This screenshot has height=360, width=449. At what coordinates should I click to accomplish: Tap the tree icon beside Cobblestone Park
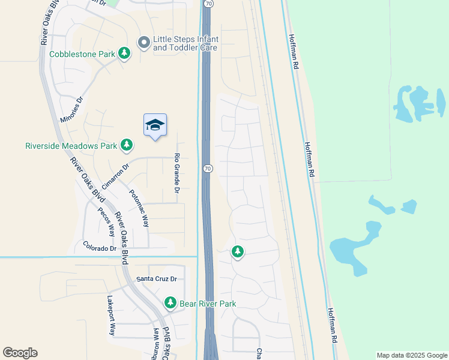coord(124,54)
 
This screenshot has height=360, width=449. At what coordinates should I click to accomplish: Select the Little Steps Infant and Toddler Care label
coord(185,43)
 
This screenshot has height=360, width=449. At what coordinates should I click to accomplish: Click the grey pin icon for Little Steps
coord(143,43)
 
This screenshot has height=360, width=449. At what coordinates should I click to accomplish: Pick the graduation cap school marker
coord(155,125)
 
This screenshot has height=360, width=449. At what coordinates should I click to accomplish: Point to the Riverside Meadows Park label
coord(70,145)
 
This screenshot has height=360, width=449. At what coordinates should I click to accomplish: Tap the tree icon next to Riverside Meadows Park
coord(126,145)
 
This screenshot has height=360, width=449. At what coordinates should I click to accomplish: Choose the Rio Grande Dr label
coord(177,173)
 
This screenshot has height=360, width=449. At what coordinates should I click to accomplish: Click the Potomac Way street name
coord(139,209)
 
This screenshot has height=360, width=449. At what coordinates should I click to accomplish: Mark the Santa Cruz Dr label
coord(157,279)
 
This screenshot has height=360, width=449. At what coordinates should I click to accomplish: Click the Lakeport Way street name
coord(111,315)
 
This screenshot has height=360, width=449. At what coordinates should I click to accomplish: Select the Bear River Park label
coord(208,304)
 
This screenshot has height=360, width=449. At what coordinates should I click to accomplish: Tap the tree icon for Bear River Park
coord(171,302)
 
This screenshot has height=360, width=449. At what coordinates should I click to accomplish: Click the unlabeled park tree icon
coord(238,252)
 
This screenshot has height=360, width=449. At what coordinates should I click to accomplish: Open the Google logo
coord(20,353)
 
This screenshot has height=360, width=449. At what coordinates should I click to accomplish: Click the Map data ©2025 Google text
coord(411,355)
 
